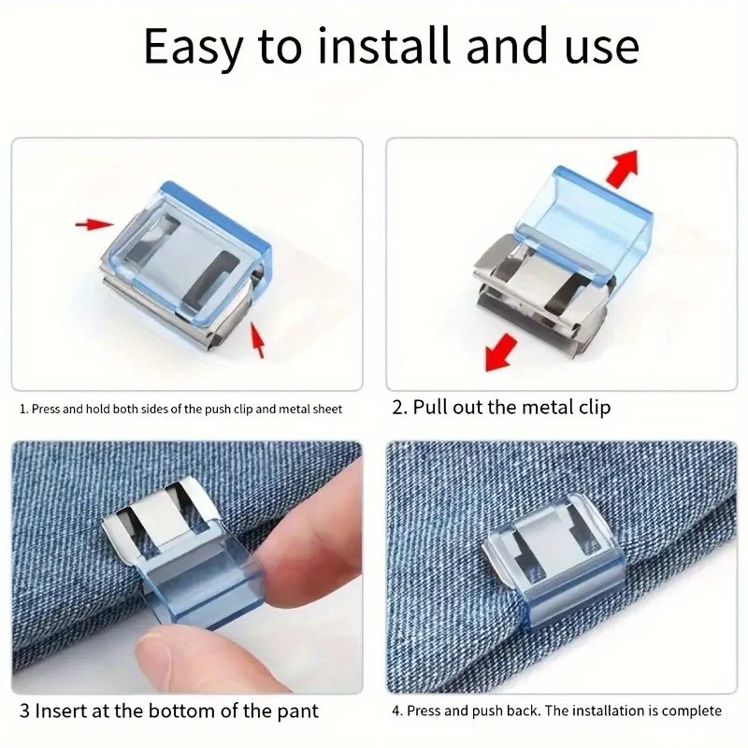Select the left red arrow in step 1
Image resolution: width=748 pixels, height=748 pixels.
click(93, 224)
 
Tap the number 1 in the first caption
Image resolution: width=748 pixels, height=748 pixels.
click(22, 409)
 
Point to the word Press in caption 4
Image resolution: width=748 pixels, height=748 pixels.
click(426, 712)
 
